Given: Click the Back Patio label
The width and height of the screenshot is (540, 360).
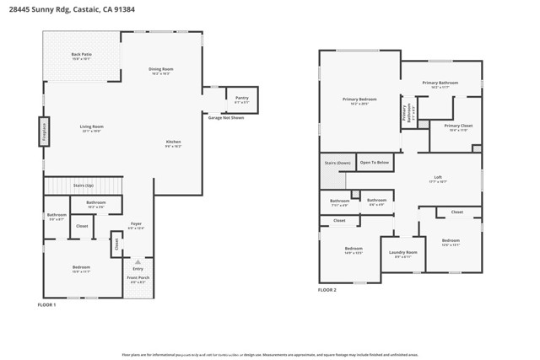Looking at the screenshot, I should pos(81,55).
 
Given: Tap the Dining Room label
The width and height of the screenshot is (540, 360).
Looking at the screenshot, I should pos(160,70).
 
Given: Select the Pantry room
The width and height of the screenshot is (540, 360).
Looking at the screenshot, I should pos(241,99).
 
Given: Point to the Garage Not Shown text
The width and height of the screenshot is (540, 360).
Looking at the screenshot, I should pos(226,118).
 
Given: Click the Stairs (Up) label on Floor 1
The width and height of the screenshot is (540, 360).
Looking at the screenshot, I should pos(84,185).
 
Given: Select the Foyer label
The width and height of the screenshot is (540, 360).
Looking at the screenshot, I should pos(136,224).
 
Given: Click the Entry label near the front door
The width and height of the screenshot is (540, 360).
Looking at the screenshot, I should pos(138,269).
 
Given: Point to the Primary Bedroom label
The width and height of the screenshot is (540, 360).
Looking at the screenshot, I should pos(359,100).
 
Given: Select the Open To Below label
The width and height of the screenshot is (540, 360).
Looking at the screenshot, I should pos(375,162).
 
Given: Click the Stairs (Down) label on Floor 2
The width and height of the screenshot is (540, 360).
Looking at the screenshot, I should pos(337,163).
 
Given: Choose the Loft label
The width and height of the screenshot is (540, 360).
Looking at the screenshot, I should pos(438,178).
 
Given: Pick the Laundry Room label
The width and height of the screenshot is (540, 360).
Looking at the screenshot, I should pos(403,253).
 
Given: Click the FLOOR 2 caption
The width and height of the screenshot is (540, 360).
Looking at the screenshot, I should pos(327,289).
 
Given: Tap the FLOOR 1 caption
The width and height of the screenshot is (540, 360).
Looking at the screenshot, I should pos(47,304).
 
